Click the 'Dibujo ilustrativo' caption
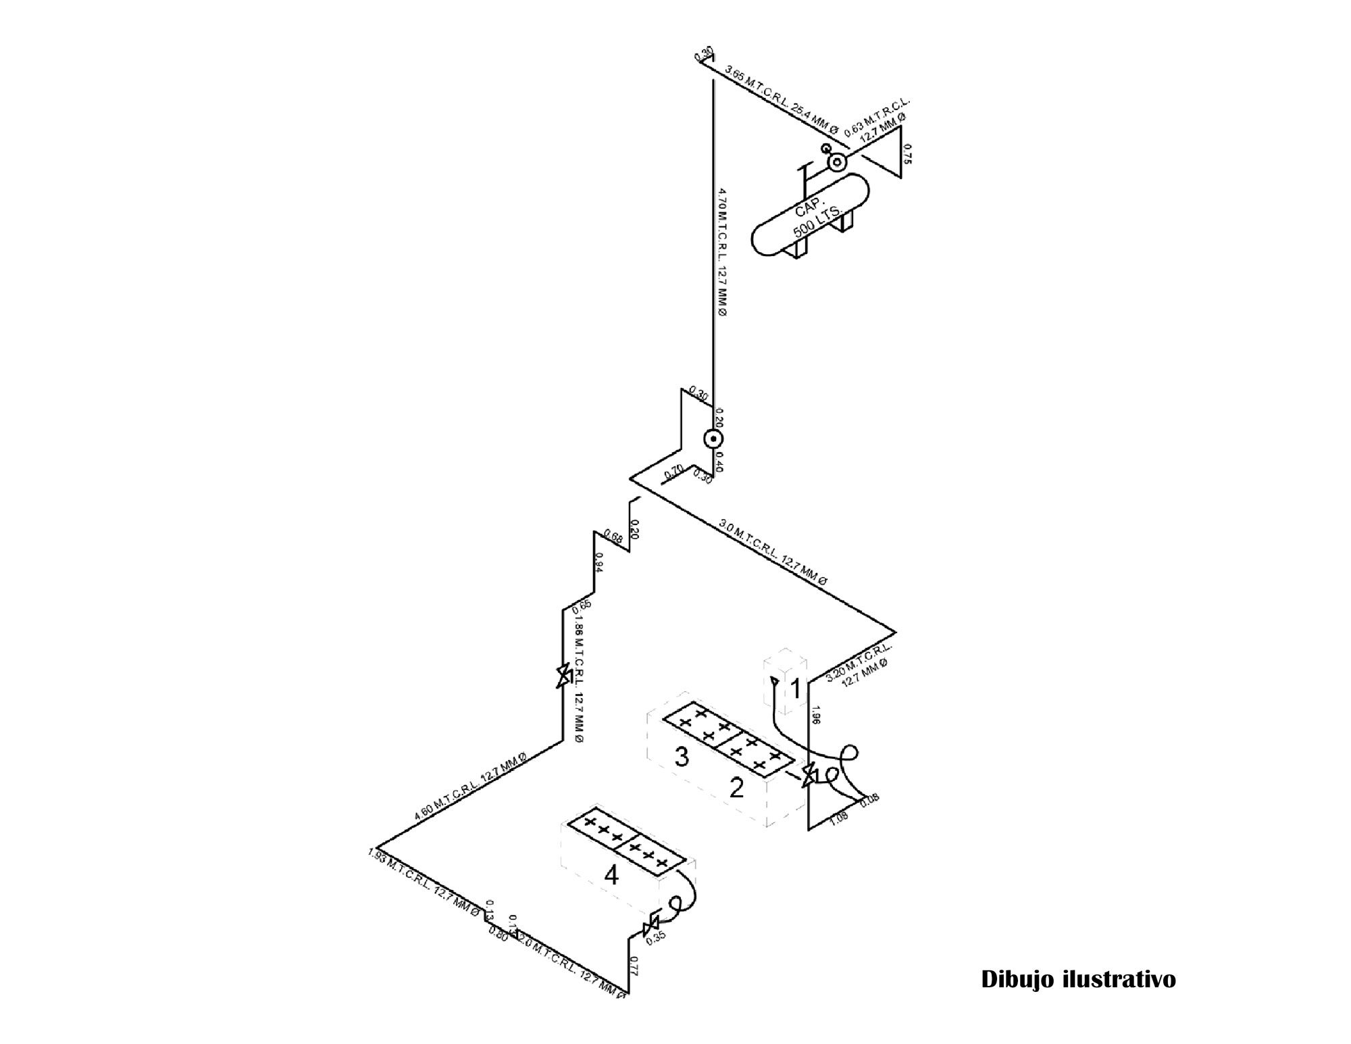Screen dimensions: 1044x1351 pos(1078,979)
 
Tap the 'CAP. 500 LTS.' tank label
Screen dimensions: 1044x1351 pos(817,220)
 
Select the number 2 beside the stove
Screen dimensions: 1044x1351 pos(736,787)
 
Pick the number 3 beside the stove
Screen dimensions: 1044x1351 pos(682,757)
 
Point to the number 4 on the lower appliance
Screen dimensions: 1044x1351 pos(611,876)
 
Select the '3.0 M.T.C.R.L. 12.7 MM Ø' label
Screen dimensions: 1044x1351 pos(773,551)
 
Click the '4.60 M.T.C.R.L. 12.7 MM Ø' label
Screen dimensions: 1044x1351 pos(470,787)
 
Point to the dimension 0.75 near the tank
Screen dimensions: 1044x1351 pos(907,155)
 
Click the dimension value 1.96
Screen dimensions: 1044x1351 pos(815,716)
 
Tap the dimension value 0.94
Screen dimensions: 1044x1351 pos(598,562)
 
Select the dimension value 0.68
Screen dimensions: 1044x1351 pos(613,537)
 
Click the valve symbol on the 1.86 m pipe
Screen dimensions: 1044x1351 pos(563,676)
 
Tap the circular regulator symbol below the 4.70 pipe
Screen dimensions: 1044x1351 pos(713,439)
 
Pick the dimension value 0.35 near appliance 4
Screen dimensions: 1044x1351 pos(656,936)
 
